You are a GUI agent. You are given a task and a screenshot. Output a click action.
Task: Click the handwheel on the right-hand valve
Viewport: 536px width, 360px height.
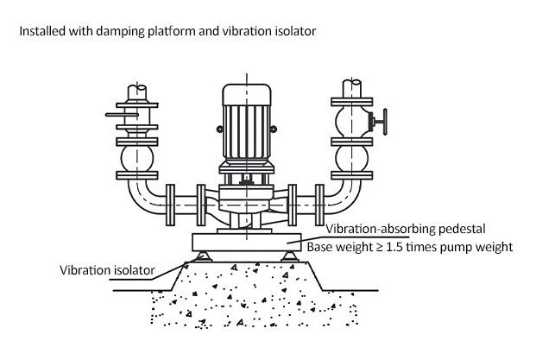coord(385,122)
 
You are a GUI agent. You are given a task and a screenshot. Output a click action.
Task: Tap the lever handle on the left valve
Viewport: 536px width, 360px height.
coord(122,115)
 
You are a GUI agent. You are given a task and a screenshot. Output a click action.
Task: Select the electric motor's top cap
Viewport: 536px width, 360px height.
coord(247,95)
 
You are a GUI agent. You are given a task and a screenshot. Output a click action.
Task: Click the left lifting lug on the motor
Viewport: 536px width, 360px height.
coord(219,129)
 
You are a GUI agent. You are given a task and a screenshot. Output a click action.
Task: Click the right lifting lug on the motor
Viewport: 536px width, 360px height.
coord(274,129)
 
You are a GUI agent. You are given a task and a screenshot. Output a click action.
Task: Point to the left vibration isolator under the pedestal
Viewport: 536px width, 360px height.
coord(203,256)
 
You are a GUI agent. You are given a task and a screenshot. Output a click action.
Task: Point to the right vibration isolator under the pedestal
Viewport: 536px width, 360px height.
coord(290,256)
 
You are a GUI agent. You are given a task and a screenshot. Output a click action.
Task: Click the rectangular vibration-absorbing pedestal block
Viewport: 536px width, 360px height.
coord(247,243)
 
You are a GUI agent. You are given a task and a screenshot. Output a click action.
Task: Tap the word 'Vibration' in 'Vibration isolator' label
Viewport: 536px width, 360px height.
coord(81,270)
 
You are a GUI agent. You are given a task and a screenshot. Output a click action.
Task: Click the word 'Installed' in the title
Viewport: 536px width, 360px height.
coord(42,31)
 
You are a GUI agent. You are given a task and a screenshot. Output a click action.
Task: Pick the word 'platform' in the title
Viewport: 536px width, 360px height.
coord(172,31)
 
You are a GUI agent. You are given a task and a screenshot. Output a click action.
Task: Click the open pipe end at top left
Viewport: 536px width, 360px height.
coord(137,86)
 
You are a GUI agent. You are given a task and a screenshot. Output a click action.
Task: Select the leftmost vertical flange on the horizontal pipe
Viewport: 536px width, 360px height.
coord(170,205)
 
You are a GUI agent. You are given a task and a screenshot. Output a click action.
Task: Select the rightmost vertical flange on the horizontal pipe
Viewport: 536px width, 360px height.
coord(319,205)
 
